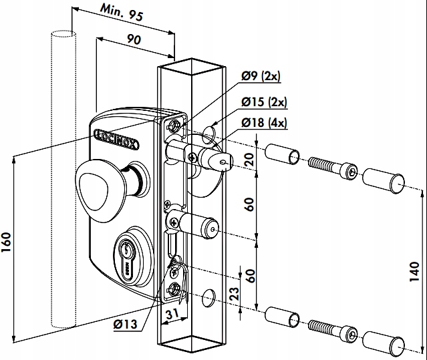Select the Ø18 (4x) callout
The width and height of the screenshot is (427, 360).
(264, 123)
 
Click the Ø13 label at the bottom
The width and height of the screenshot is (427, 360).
(127, 325)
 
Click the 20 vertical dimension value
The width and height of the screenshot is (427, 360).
(249, 160)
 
